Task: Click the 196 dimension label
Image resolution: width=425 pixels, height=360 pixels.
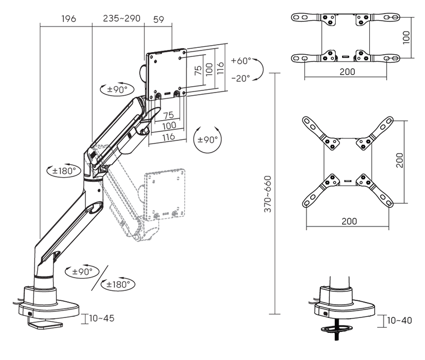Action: [x=69, y=19]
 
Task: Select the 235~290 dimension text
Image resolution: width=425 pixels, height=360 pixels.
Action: [x=122, y=19]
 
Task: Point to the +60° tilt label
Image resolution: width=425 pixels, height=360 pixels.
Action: [x=240, y=61]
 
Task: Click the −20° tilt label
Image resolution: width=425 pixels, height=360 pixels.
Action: [x=240, y=78]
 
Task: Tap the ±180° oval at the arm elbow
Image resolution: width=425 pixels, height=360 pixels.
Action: [x=62, y=171]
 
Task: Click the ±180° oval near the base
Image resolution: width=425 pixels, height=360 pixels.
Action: [x=117, y=284]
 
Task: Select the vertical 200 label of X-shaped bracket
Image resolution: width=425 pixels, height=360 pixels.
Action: [x=399, y=160]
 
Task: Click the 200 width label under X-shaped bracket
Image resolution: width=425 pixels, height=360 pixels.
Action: [x=348, y=221]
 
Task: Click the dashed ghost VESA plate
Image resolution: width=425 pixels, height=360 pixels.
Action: [x=165, y=194]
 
